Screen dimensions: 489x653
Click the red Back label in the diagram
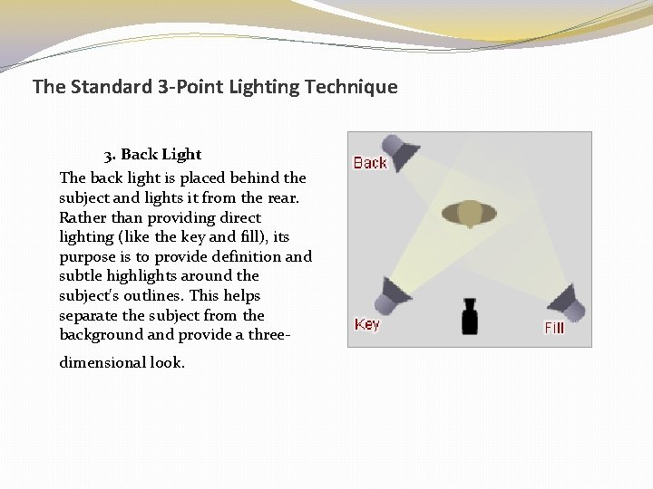click(x=370, y=163)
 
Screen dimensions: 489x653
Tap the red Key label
click(x=367, y=324)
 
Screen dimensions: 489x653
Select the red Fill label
click(x=554, y=327)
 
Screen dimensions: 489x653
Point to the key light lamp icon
click(x=395, y=292)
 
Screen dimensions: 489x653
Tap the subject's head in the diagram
click(x=469, y=214)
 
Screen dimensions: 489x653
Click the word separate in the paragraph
click(x=89, y=316)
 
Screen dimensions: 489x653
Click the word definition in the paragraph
click(x=237, y=257)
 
